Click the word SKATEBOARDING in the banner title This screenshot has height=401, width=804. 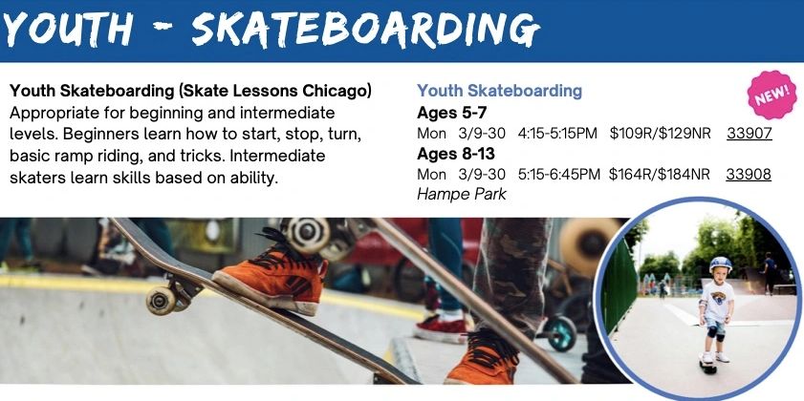click(364, 31)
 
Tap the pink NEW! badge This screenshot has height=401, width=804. click(772, 95)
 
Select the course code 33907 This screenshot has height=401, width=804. click(749, 134)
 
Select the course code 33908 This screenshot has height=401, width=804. click(749, 174)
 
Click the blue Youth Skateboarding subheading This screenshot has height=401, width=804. click(499, 92)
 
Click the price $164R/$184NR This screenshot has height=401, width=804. click(660, 174)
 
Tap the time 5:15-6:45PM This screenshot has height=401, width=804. click(559, 174)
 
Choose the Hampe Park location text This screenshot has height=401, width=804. click(462, 194)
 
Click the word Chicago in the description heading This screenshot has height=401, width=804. click(339, 92)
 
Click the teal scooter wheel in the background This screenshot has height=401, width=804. click(561, 333)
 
